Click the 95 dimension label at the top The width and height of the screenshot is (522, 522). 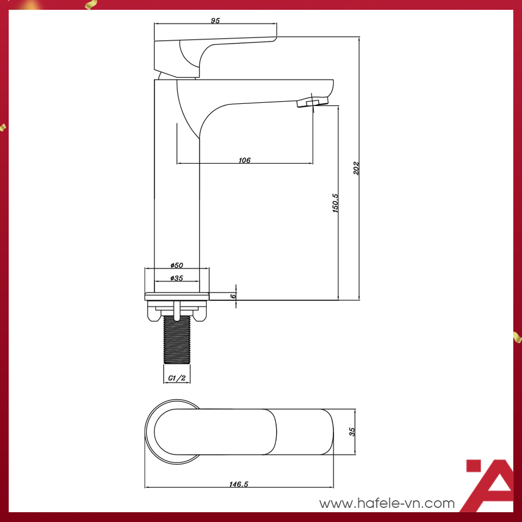(215, 21)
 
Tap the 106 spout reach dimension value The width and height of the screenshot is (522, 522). (244, 160)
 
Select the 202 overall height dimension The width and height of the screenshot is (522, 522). (356, 168)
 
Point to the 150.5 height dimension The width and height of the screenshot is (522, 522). (335, 202)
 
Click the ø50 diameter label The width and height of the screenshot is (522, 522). (177, 265)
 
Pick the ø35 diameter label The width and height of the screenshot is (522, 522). (177, 278)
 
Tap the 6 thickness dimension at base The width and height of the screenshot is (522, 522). (233, 296)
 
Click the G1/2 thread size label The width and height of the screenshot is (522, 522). (177, 378)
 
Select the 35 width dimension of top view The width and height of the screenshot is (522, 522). (352, 431)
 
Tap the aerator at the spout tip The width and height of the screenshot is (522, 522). (312, 103)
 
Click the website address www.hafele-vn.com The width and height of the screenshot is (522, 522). (387, 504)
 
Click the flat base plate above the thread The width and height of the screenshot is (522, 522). (177, 296)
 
